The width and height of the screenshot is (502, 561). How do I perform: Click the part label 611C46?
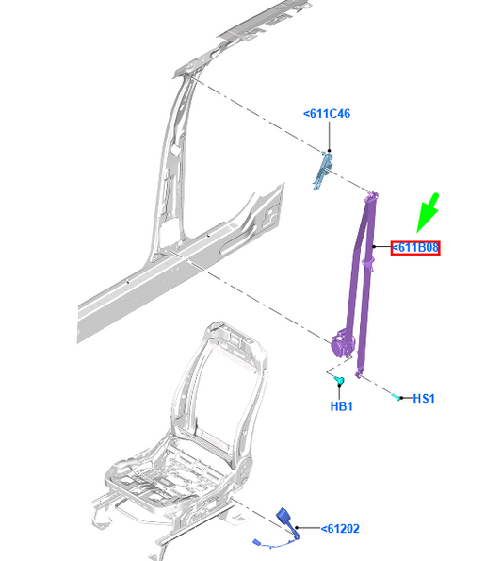(x=327, y=114)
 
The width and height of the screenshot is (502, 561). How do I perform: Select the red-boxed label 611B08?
(x=415, y=248)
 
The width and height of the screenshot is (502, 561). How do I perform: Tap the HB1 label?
(x=342, y=406)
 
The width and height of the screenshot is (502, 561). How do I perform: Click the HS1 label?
(x=424, y=398)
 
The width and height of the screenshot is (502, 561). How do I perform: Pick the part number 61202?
(x=340, y=528)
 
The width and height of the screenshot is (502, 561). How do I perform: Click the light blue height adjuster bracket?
(x=323, y=170)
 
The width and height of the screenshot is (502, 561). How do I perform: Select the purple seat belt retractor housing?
(x=343, y=344)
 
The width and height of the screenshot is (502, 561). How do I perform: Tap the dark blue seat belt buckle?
(x=285, y=518)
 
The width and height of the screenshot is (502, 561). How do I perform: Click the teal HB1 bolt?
(x=339, y=381)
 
